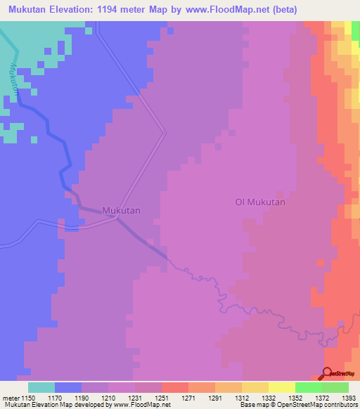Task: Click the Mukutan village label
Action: (x=122, y=210)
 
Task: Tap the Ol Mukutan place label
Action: (x=260, y=202)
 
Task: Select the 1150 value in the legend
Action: (x=28, y=398)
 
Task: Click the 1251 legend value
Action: (x=162, y=398)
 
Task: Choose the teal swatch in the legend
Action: (x=41, y=387)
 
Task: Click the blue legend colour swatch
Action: (x=68, y=387)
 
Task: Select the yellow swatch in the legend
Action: (x=281, y=387)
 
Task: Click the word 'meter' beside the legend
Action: (x=10, y=398)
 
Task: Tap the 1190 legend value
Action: (x=82, y=398)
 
